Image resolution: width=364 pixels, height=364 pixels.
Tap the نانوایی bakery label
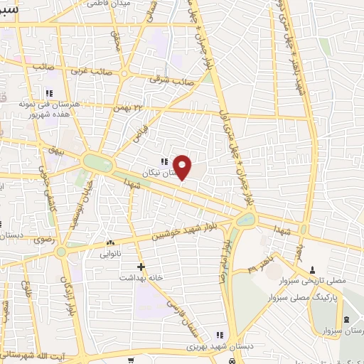point(100,253)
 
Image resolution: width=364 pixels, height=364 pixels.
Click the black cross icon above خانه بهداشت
point(141,267)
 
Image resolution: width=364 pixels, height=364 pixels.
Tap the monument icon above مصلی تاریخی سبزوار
point(314,269)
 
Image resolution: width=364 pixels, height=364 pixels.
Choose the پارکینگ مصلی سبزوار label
point(299,294)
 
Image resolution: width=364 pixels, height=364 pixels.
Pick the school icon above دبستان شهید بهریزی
point(220,335)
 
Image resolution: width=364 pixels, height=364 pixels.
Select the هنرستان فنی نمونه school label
point(50,104)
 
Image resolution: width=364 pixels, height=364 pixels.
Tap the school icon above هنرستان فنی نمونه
point(49,93)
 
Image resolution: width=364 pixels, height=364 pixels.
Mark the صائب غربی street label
point(88,72)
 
